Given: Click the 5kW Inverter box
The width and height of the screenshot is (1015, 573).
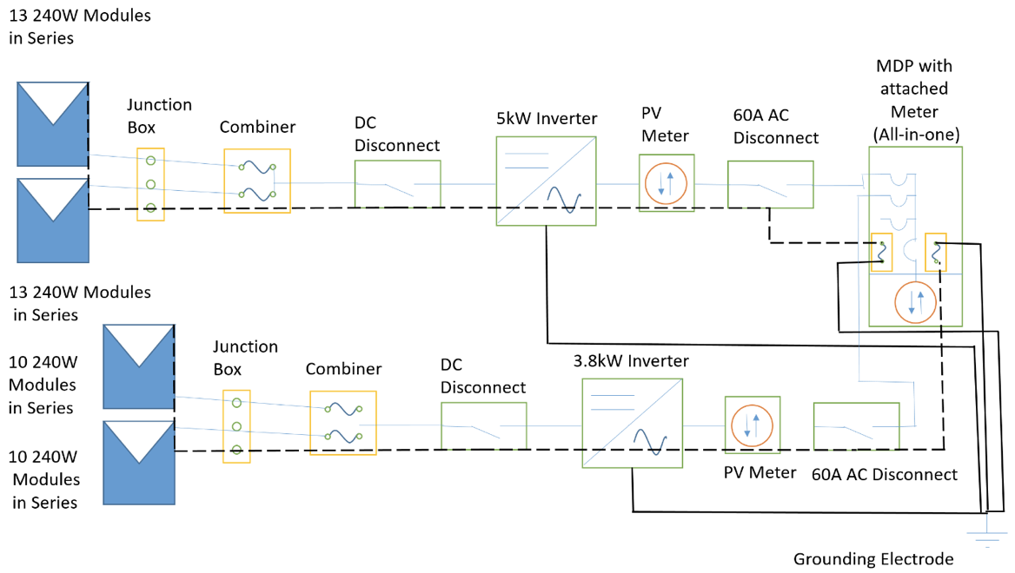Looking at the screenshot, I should coord(547,181).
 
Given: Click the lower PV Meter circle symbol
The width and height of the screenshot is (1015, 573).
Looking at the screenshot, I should coord(752,425).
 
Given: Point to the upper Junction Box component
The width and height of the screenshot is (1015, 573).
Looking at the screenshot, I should coord(150,184).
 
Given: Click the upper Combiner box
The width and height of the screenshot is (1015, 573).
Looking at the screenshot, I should coord(256,181).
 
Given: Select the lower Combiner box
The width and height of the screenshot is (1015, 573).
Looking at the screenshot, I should coord(343,423).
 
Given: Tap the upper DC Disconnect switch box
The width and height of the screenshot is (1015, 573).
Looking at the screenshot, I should coord(397,184).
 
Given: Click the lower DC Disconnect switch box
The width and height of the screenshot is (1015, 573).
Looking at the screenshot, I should coord(483,425).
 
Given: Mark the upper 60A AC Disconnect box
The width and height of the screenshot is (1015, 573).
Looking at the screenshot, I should coord(770,184).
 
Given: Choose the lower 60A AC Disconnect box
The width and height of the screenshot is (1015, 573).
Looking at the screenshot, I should coord(855,425).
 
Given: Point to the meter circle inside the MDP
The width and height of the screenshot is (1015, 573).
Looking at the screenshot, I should coord(914,301).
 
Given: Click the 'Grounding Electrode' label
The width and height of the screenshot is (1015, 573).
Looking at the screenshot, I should coord(873,558).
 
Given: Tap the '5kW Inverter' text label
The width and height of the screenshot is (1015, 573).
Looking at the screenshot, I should coord(547,119).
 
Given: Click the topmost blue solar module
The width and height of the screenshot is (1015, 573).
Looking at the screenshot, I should coord(52,123).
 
